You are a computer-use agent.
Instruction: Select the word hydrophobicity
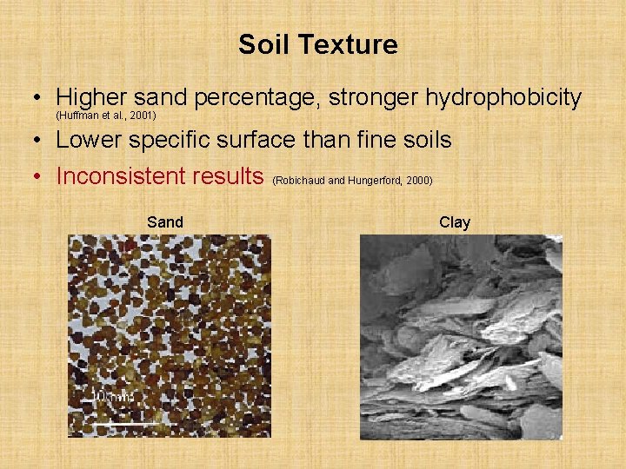(x=503, y=98)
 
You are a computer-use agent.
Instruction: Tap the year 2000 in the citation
(x=418, y=181)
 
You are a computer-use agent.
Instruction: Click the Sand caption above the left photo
(x=165, y=222)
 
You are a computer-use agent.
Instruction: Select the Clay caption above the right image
(x=455, y=222)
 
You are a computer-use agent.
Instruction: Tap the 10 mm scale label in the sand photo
(x=114, y=398)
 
